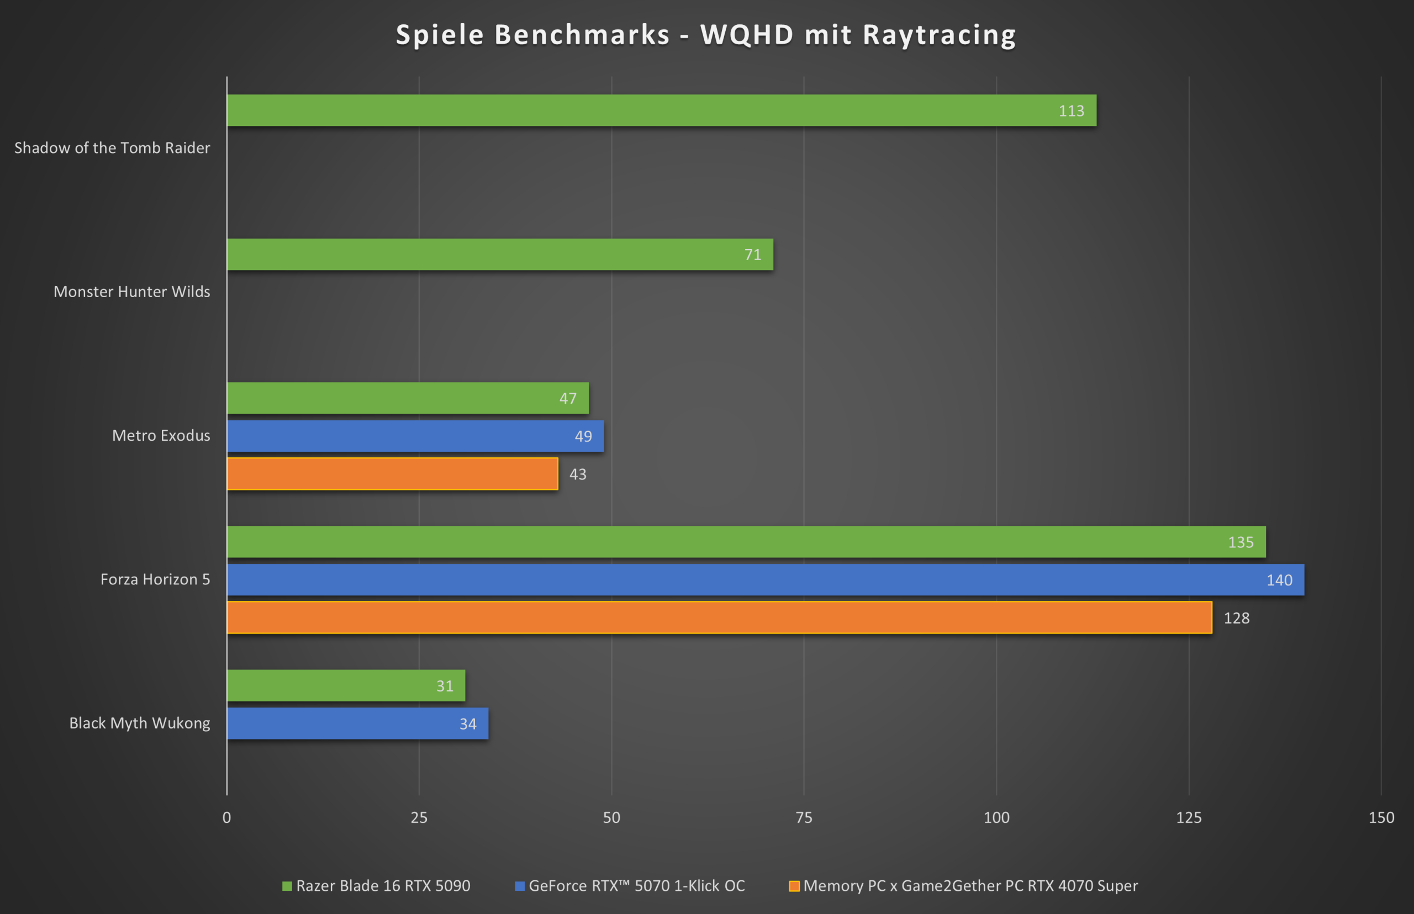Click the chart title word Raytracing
click(939, 34)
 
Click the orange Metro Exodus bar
click(392, 474)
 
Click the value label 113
click(1071, 111)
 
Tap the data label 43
click(578, 474)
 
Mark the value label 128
click(1237, 619)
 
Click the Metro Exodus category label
click(161, 436)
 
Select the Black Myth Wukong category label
click(140, 723)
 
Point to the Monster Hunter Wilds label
click(132, 292)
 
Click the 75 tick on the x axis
click(804, 817)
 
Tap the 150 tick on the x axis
click(1381, 817)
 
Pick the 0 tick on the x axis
click(227, 817)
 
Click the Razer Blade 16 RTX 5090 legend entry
click(383, 885)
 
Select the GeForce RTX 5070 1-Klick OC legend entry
click(636, 885)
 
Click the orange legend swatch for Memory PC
click(794, 886)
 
